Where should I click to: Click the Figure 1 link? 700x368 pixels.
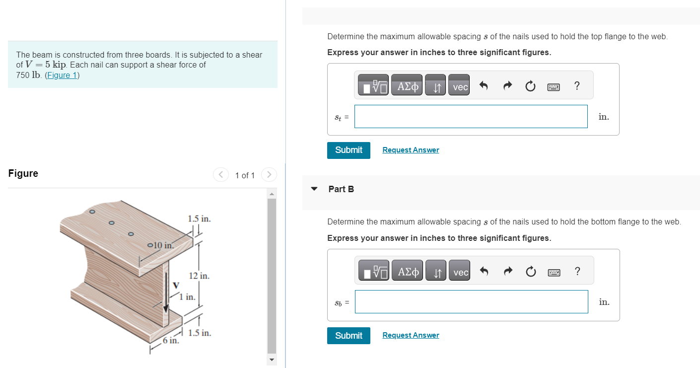pos(62,75)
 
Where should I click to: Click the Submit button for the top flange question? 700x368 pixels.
pos(349,150)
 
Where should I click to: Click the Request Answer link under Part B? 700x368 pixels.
pos(411,335)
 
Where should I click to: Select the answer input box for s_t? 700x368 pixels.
pos(471,117)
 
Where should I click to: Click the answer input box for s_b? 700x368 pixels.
pos(471,302)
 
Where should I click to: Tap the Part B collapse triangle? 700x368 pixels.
pos(314,189)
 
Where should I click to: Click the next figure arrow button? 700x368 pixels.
pos(269,174)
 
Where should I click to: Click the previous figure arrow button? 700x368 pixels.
pos(220,174)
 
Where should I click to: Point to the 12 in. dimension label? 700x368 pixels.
pos(199,276)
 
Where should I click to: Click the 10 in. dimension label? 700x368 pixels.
pos(163,245)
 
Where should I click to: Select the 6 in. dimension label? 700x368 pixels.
pos(171,340)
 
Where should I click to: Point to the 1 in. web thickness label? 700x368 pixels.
pos(187,296)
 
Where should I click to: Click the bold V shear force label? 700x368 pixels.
pos(176,285)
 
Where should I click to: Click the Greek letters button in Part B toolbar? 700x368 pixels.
pos(408,271)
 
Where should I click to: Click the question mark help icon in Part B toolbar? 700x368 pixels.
pos(577,271)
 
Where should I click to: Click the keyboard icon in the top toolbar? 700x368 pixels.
pos(554,86)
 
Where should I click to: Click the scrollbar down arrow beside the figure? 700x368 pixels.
pos(272,360)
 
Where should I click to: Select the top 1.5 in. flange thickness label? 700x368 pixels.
pos(200,219)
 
